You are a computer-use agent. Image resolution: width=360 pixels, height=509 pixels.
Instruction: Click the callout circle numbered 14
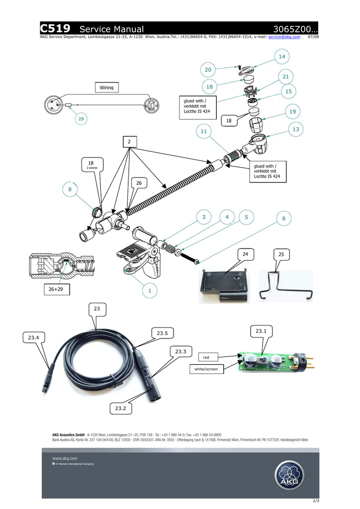(x=282, y=57)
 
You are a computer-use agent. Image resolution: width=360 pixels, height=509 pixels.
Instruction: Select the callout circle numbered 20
(x=208, y=69)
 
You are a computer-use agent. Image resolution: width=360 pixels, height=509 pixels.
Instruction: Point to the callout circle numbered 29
(x=81, y=119)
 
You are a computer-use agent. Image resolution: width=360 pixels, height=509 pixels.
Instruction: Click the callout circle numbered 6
(x=284, y=219)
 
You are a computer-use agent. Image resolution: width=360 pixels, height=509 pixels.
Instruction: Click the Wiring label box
(x=106, y=87)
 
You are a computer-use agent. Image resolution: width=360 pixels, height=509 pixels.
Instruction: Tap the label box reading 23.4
(x=34, y=338)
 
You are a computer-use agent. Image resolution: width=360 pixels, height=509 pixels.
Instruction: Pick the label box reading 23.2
(x=121, y=408)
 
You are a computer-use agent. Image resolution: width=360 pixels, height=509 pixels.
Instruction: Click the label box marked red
(x=206, y=357)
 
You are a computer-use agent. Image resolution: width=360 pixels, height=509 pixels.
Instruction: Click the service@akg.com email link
(x=284, y=37)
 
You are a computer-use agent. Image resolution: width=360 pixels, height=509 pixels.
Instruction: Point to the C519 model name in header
(x=55, y=29)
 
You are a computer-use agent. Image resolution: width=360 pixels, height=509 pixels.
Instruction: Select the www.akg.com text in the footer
(x=65, y=458)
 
